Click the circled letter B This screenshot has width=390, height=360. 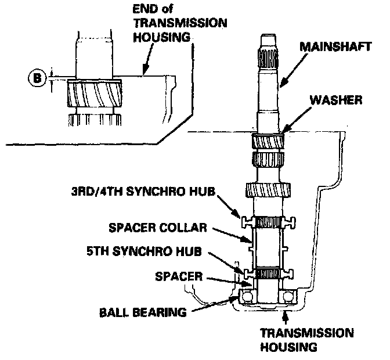click(36, 77)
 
